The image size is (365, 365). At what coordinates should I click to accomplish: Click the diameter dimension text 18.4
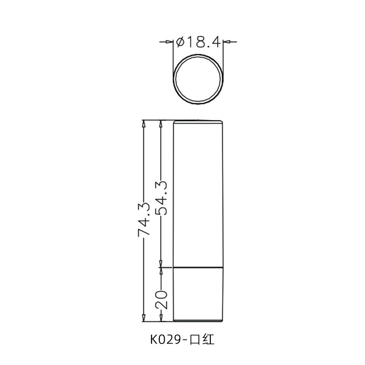(x=204, y=42)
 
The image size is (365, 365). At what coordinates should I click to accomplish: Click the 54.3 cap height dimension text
(x=161, y=198)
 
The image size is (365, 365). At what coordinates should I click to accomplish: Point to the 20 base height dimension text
(x=161, y=299)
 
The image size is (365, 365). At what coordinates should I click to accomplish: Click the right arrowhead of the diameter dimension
(x=228, y=42)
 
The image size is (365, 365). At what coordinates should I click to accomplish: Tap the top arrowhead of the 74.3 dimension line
(x=144, y=123)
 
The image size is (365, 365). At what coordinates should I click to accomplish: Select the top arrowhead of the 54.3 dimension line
(x=161, y=123)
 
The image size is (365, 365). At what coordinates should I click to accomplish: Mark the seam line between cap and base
(x=199, y=267)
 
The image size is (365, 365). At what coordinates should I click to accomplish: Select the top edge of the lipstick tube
(x=199, y=121)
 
